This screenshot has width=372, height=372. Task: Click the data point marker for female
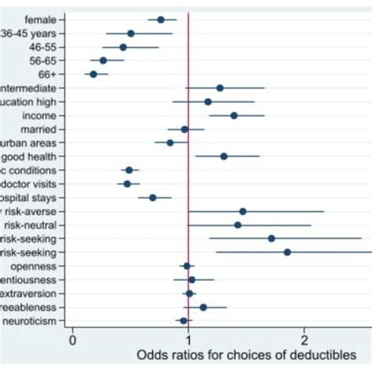pos(161,20)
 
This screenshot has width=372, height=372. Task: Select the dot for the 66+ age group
pos(93,74)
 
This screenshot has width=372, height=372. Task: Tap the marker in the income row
pos(234,115)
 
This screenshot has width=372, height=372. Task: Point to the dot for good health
pos(224,156)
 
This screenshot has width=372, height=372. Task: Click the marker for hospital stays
pos(153,198)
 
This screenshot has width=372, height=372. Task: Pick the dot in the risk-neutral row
pos(238,225)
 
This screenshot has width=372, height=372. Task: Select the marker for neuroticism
pos(184,321)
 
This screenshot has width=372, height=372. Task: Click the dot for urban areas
pos(170,143)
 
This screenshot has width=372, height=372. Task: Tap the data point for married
pos(184,129)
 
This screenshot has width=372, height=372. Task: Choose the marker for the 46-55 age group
pos(123,47)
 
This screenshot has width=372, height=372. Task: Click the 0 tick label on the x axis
pos(72,341)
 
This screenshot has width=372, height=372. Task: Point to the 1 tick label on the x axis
pos(188,341)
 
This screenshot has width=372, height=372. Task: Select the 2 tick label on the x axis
pos(305,341)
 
